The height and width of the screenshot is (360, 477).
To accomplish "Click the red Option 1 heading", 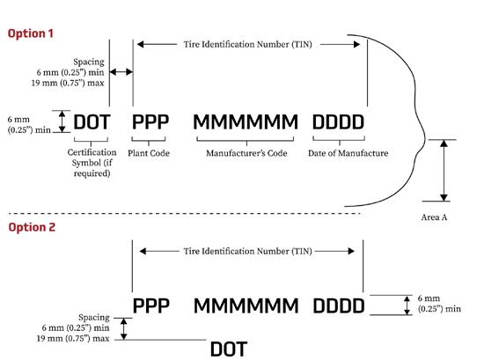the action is click(31, 33).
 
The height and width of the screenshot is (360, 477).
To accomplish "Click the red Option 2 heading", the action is click(32, 227).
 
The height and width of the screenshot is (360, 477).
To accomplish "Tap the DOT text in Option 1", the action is click(92, 122).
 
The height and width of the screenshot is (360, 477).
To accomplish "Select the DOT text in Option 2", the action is click(229, 349).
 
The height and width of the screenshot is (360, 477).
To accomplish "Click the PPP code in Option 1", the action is click(150, 121).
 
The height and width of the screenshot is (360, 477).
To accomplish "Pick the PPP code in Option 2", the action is click(150, 305).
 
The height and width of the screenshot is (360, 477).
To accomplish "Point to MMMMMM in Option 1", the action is click(246, 121).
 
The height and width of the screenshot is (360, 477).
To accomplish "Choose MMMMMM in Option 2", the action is click(246, 305).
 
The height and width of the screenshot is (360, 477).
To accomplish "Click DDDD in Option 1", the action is click(338, 121).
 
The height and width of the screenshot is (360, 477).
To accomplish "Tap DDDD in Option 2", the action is click(339, 305).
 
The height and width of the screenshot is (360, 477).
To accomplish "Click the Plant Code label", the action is click(149, 153).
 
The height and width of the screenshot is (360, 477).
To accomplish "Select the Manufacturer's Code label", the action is click(246, 153).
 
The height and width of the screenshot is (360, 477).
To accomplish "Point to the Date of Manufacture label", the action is click(348, 153).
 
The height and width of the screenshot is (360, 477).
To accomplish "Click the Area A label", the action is click(434, 217).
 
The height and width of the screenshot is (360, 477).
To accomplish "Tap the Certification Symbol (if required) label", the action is click(92, 163).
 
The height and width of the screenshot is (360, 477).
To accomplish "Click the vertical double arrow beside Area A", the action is click(444, 171).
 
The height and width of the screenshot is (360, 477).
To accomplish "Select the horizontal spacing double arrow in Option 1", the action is click(121, 72).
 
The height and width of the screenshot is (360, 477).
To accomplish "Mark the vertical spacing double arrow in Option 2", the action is click(123, 329).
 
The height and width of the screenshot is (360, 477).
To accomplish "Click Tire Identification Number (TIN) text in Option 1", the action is click(247, 44).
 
